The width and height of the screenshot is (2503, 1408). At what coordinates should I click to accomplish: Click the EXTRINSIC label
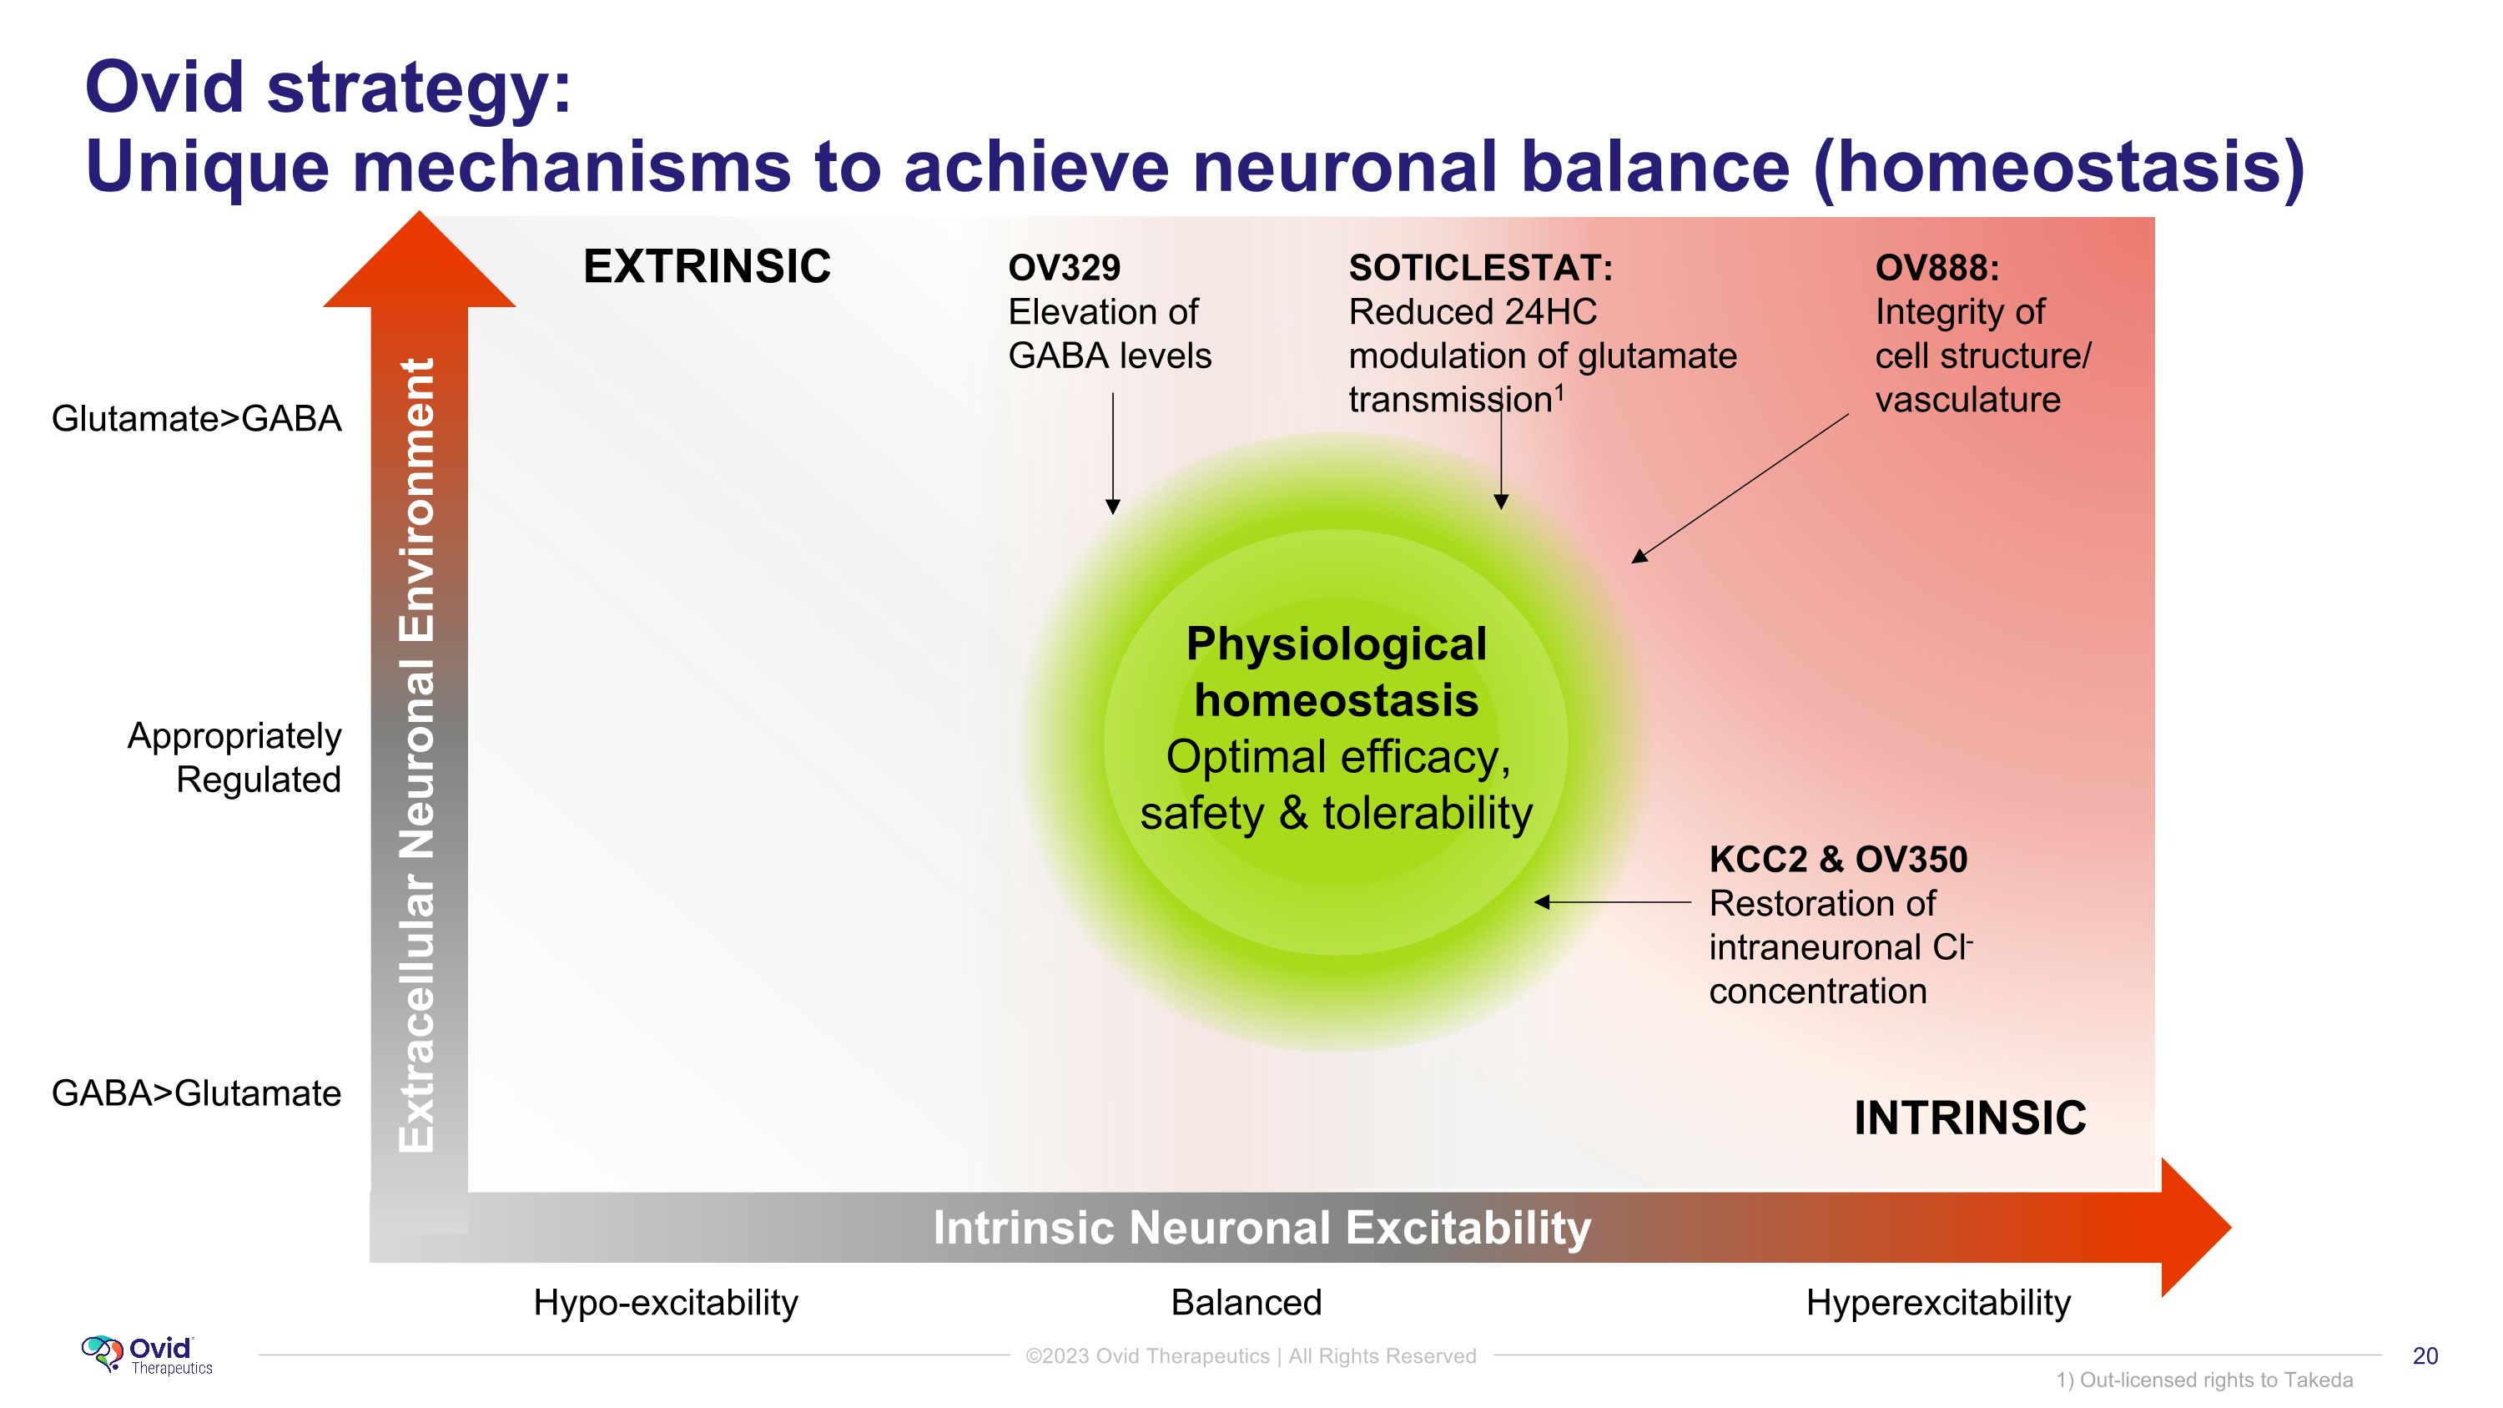click(x=707, y=266)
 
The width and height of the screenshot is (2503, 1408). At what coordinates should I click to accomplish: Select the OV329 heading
click(x=1064, y=267)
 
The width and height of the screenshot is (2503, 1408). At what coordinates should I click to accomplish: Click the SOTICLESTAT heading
click(x=1480, y=267)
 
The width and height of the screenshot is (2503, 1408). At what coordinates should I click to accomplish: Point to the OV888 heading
click(x=1936, y=267)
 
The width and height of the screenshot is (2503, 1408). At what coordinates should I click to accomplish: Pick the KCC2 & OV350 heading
click(x=1837, y=859)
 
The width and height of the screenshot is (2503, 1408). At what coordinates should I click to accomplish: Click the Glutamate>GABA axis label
click(x=196, y=419)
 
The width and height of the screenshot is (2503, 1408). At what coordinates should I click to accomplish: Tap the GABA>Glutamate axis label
click(x=196, y=1093)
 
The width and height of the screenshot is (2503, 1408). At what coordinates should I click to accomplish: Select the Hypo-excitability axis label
click(x=666, y=1302)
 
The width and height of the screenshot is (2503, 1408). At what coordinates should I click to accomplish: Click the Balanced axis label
click(x=1246, y=1302)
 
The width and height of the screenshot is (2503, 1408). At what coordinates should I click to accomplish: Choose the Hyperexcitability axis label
click(x=1937, y=1302)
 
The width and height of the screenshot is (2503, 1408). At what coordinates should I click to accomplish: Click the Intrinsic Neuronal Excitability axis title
click(x=1262, y=1227)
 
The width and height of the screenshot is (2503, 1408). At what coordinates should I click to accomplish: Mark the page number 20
click(x=2425, y=1355)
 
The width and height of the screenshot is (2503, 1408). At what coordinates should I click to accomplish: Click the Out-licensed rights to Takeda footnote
click(x=2203, y=1380)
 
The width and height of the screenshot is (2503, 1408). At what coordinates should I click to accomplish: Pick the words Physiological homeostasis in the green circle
click(x=1336, y=673)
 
